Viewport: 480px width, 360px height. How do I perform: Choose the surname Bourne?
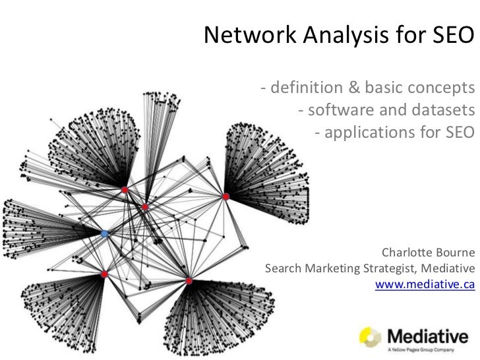pyautogui.click(x=454, y=253)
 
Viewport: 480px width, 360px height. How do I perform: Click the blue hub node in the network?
pyautogui.click(x=105, y=233)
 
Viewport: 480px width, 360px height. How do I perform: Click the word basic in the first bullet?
pyautogui.click(x=377, y=88)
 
